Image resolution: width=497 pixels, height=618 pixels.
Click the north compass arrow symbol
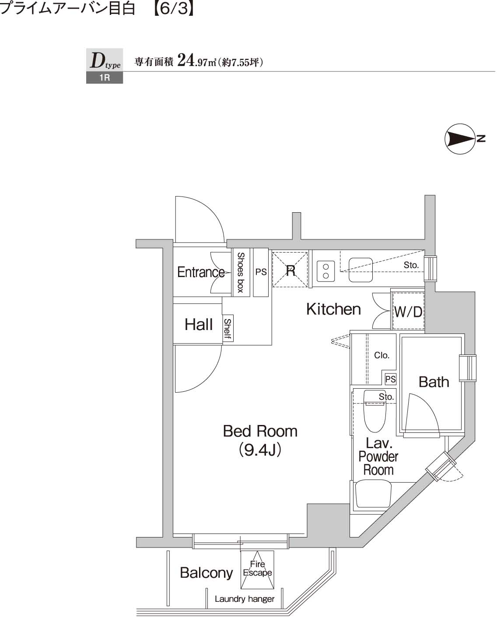(x=460, y=139)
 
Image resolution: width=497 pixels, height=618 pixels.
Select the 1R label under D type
(x=105, y=78)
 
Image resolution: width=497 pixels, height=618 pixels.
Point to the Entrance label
(x=201, y=272)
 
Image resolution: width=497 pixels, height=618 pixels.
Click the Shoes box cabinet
(x=241, y=272)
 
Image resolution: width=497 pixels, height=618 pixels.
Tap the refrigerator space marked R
(x=290, y=270)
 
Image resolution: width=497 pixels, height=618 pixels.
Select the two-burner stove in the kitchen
(x=325, y=270)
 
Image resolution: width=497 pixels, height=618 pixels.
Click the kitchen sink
(x=360, y=270)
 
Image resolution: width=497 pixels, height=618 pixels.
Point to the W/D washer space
(x=408, y=312)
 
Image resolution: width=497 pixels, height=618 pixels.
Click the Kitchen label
(x=333, y=309)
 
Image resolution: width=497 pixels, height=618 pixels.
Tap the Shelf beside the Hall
(x=227, y=328)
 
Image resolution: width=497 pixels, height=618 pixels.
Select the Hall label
(x=198, y=325)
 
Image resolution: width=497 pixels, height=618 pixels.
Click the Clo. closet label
(x=381, y=355)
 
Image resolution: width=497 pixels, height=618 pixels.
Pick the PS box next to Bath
(x=390, y=379)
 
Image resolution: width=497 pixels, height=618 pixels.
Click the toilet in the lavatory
(x=374, y=411)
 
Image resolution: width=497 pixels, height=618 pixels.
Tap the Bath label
(x=434, y=382)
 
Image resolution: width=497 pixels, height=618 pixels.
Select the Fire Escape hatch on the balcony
(x=257, y=569)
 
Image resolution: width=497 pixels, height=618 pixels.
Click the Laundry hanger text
(x=244, y=599)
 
